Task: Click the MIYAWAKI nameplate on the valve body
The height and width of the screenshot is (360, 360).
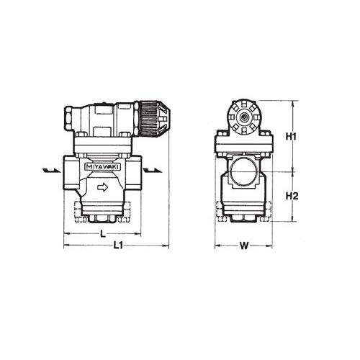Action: [103, 167]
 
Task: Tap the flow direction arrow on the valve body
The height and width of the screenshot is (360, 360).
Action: [103, 187]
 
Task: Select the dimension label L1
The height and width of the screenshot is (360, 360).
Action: [118, 246]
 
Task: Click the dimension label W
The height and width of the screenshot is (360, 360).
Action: [244, 246]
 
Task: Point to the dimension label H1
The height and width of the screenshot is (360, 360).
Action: [291, 137]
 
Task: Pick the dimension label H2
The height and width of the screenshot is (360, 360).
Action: [292, 197]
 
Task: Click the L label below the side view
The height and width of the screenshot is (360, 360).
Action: [103, 233]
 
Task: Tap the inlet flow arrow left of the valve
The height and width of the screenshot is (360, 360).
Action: [51, 171]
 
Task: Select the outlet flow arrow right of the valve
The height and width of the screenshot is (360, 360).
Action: [153, 171]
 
